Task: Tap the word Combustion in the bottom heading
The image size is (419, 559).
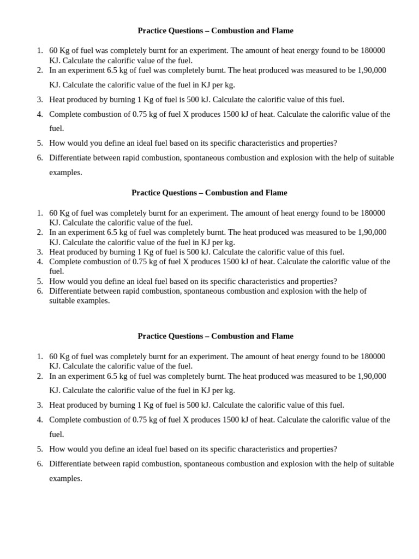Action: coord(230,336)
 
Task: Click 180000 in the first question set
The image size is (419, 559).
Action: coord(373,50)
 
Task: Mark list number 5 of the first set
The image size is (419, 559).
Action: coord(40,143)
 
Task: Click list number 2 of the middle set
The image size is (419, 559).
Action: coord(40,232)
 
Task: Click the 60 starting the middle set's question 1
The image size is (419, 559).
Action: coord(53,213)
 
